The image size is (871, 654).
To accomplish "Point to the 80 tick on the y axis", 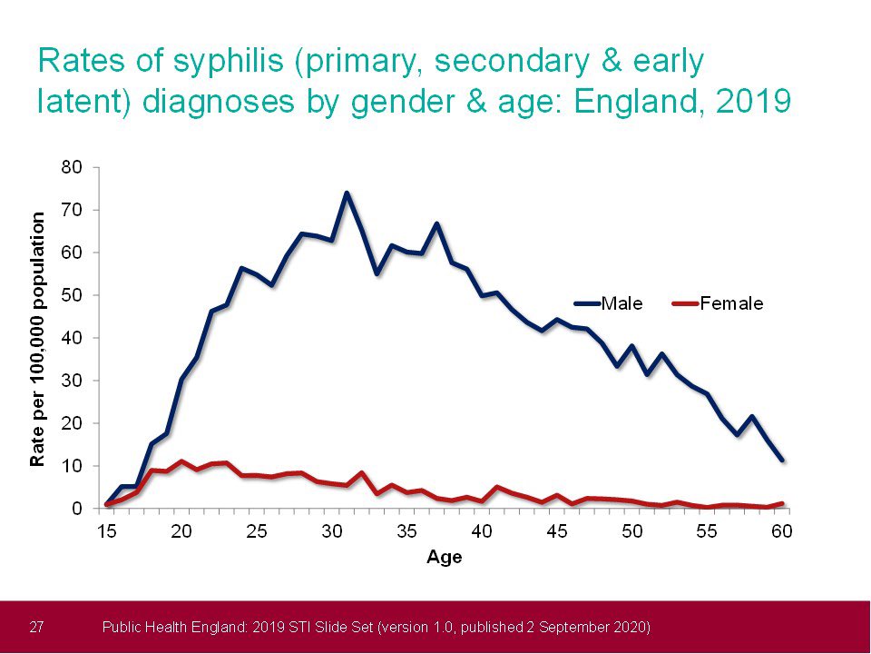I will (x=72, y=167).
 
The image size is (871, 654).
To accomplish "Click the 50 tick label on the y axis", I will (x=72, y=295).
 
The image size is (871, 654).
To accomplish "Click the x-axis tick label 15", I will (x=108, y=531).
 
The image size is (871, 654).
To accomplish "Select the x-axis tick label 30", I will (x=332, y=531).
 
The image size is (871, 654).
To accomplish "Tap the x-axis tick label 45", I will (x=557, y=531).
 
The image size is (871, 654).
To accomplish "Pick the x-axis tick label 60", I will (x=781, y=531).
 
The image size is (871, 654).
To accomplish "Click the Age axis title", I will (x=445, y=557).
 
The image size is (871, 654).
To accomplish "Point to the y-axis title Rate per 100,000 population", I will (x=38, y=338).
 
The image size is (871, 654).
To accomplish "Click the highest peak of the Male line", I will (x=347, y=193).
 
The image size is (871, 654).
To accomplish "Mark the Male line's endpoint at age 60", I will (x=781, y=461).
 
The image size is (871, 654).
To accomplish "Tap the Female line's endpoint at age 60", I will (x=781, y=503).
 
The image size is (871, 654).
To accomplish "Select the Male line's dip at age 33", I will (x=377, y=273).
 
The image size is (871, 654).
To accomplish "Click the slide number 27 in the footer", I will (x=37, y=627).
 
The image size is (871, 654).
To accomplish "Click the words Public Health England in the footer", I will (x=166, y=627).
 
